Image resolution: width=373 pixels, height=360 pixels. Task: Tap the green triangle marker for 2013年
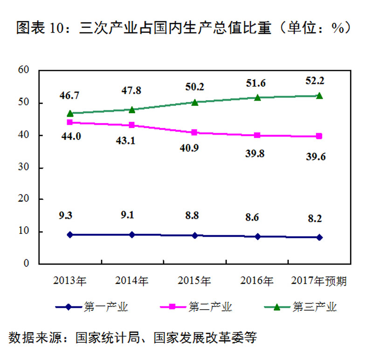tap(70, 113)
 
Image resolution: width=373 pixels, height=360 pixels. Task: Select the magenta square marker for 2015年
tap(194, 133)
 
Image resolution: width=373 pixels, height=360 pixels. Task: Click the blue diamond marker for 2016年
tap(257, 237)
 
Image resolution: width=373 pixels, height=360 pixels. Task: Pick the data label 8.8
tap(194, 216)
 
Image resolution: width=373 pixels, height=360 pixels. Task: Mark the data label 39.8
tap(255, 153)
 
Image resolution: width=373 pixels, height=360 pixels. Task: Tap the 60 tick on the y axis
tap(23, 70)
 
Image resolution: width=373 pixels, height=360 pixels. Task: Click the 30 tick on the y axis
tap(23, 167)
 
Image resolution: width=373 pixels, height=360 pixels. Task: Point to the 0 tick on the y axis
tap(26, 264)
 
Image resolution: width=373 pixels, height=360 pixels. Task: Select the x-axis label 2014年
tap(132, 281)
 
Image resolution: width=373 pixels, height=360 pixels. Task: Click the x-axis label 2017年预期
tap(319, 281)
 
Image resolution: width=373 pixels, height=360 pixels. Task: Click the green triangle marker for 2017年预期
tap(319, 95)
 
